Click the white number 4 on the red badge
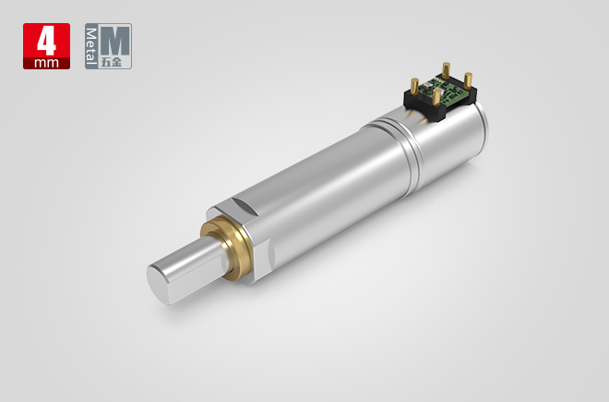[x=45, y=41]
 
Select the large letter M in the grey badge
[x=116, y=40]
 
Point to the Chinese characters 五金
[x=116, y=63]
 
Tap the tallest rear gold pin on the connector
[x=445, y=71]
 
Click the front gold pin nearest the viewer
[x=433, y=98]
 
